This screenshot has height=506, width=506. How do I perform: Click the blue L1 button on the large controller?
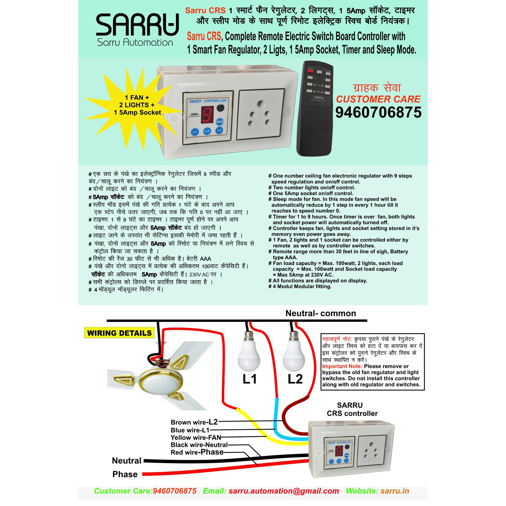[x=195, y=132]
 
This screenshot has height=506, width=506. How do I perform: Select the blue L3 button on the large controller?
[x=219, y=131]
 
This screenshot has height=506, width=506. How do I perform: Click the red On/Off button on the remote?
[x=310, y=71]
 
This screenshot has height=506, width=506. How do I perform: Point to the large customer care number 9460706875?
[x=378, y=113]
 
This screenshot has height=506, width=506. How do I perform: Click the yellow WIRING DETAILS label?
[x=119, y=333]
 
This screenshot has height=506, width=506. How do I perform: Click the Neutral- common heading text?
[x=320, y=313]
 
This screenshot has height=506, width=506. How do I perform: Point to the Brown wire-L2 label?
[x=194, y=422]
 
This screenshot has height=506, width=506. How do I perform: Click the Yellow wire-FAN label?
[x=196, y=437]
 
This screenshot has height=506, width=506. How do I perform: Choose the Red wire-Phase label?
[x=197, y=452]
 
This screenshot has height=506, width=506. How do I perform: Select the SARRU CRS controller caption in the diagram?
[x=352, y=409]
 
